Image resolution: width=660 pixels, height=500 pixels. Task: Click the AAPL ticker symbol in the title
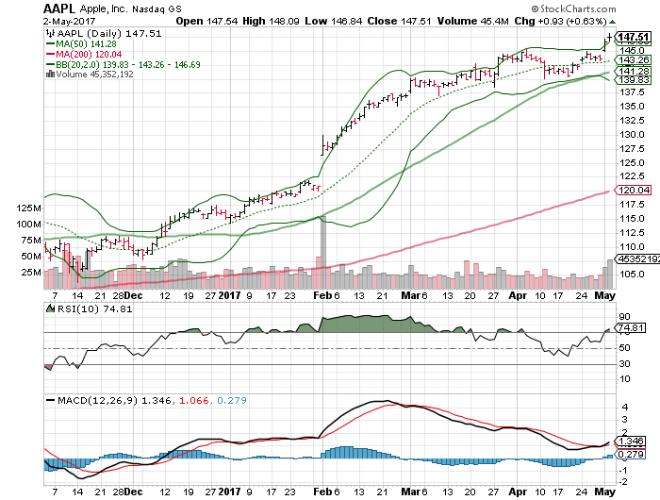(x=58, y=9)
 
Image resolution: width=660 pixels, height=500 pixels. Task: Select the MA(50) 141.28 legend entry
(x=89, y=43)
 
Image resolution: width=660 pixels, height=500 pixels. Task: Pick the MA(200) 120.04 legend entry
(x=91, y=55)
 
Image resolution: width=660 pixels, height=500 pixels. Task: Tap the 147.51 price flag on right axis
(x=629, y=37)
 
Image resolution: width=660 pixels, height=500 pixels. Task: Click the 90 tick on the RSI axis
(x=622, y=316)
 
